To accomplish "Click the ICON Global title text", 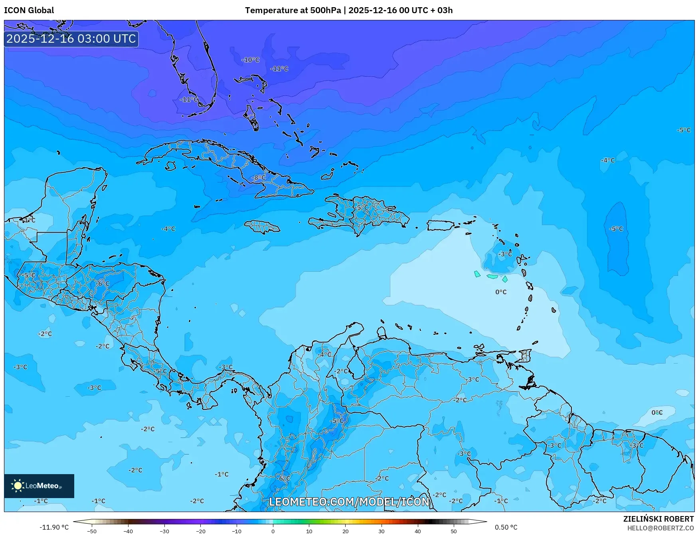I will (x=29, y=10).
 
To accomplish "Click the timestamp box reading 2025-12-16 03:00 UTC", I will (x=71, y=39).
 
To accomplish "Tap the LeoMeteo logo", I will (x=39, y=486).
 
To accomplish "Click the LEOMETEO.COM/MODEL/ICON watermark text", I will (x=349, y=502).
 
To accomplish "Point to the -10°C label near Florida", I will (x=250, y=60).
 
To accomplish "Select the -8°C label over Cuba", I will (x=259, y=178).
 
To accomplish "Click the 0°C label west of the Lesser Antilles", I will (x=501, y=292).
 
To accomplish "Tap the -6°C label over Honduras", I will (x=102, y=283).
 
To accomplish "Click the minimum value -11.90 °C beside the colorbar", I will (x=54, y=527).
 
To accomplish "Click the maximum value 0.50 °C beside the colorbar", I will (x=506, y=527).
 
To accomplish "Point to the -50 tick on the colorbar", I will (x=92, y=531).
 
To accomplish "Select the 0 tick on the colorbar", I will (x=273, y=531).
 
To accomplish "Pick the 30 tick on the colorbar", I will (x=382, y=531).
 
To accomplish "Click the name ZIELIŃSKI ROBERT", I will (x=658, y=519).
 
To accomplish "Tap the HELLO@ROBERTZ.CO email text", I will (x=660, y=528).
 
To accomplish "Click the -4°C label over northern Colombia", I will (x=324, y=354).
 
